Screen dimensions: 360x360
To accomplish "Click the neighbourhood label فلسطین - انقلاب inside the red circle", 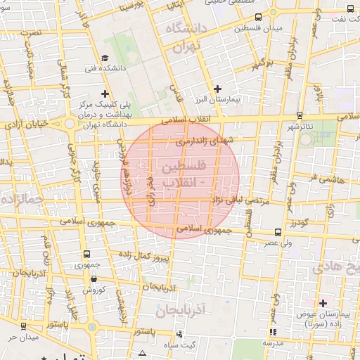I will [181, 175].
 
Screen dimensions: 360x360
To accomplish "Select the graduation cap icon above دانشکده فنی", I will [105, 58].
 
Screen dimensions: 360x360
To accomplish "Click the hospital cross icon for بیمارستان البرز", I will [217, 89].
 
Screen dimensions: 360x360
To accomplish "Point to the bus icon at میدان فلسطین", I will [259, 17].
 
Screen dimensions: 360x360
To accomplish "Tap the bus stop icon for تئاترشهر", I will [300, 115].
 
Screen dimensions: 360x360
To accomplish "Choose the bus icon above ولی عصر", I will [278, 231].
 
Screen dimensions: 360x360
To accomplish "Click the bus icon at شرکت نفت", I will [351, 9].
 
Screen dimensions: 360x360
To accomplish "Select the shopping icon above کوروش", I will [93, 278].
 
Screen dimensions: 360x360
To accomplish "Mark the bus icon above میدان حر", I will [24, 326].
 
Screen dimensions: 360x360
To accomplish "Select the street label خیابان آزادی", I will [29, 124].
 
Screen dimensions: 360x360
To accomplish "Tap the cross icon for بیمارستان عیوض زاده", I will [323, 303].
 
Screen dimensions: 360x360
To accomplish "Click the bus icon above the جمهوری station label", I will [86, 254].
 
